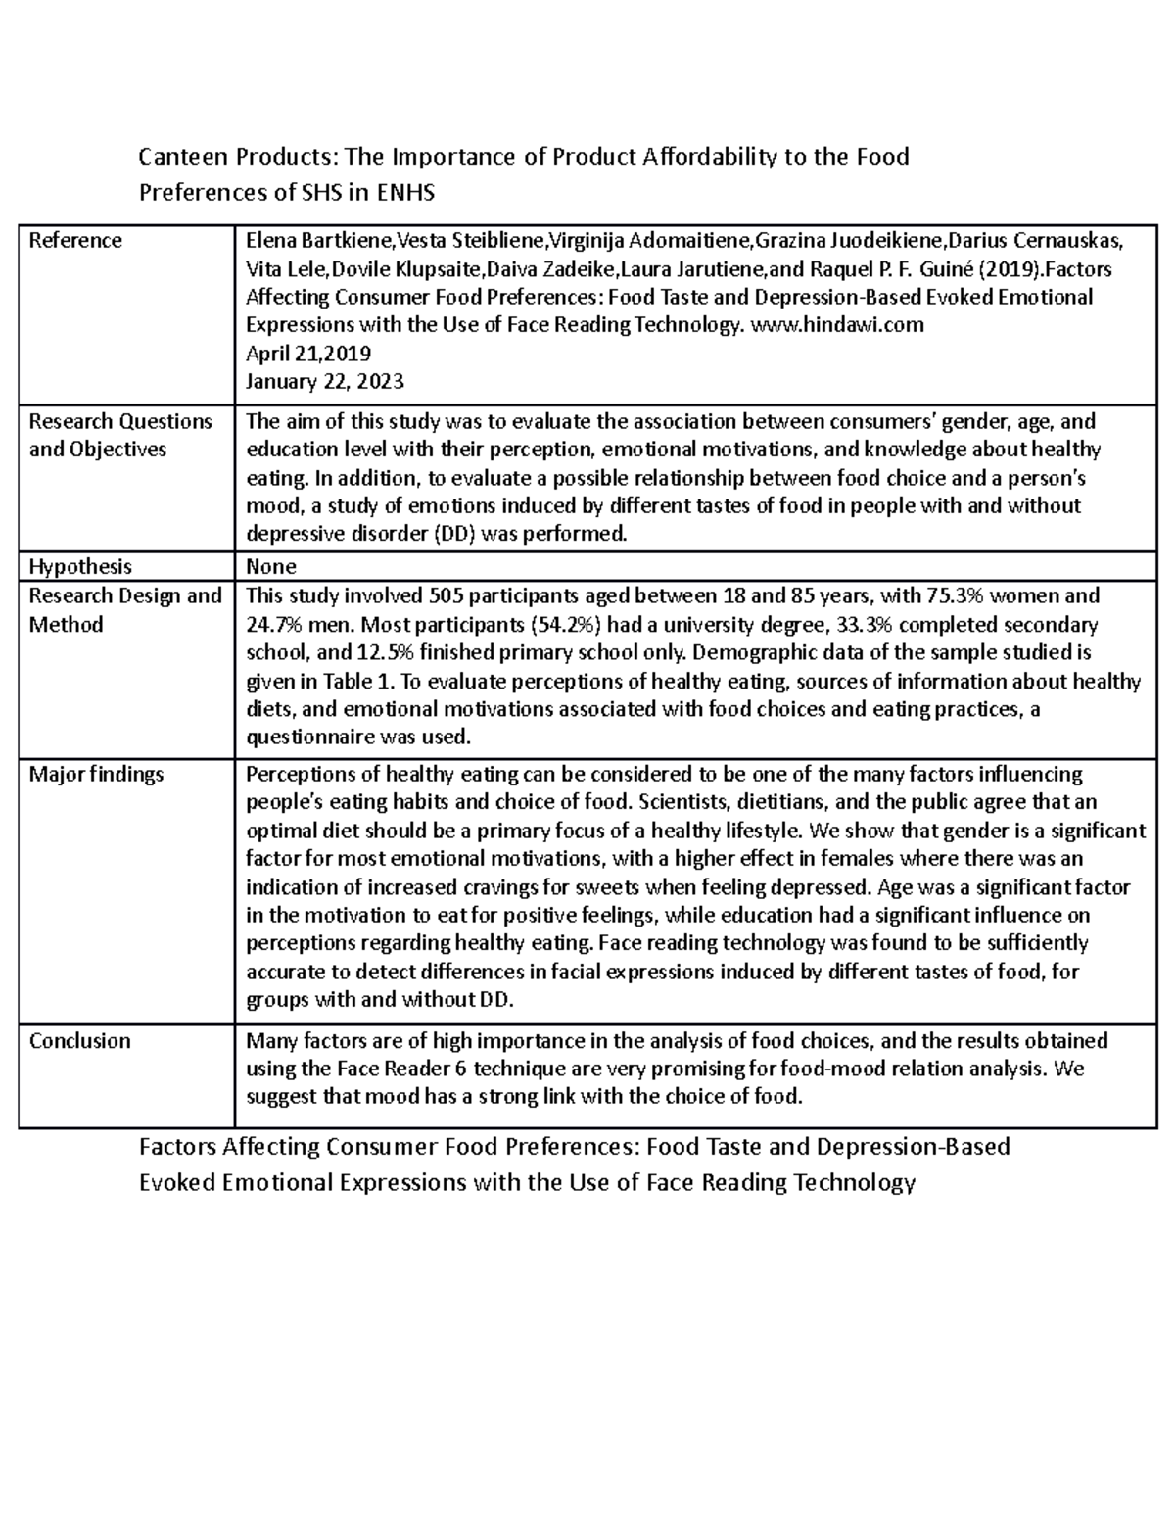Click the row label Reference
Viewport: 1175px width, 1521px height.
(x=75, y=241)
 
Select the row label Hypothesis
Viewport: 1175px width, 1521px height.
(x=80, y=566)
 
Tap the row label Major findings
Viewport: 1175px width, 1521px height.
(x=96, y=774)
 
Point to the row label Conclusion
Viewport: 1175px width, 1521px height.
(x=79, y=1040)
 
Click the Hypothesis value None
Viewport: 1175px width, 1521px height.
(x=271, y=566)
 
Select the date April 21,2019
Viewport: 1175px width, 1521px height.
(x=308, y=353)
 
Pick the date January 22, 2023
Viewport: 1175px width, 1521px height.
(x=325, y=381)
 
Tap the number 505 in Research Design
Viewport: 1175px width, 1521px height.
(x=408, y=595)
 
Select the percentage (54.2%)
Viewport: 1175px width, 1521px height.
(x=569, y=624)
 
